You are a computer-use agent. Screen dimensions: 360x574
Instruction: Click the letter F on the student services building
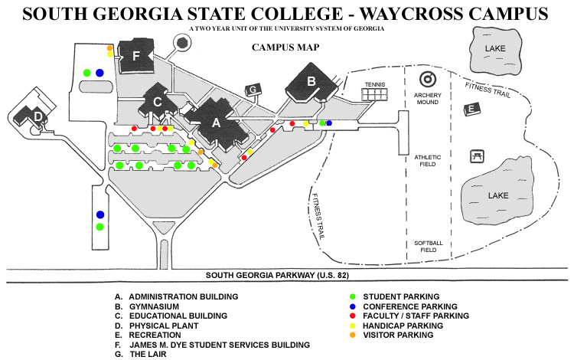(136, 55)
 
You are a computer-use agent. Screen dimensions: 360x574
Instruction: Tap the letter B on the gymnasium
(311, 80)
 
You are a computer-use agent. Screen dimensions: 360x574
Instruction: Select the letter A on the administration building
(216, 122)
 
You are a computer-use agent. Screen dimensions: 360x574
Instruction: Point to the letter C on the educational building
(157, 101)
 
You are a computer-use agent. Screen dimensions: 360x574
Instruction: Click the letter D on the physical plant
(38, 116)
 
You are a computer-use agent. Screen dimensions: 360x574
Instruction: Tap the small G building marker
(253, 90)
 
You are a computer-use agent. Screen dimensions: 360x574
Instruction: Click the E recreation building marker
(472, 109)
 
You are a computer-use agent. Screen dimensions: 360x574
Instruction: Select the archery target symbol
(427, 80)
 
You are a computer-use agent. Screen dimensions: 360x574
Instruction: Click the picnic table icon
(477, 155)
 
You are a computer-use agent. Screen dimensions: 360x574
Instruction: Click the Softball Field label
(428, 247)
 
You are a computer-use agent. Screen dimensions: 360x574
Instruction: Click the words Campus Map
(285, 47)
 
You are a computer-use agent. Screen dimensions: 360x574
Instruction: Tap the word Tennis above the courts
(374, 84)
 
